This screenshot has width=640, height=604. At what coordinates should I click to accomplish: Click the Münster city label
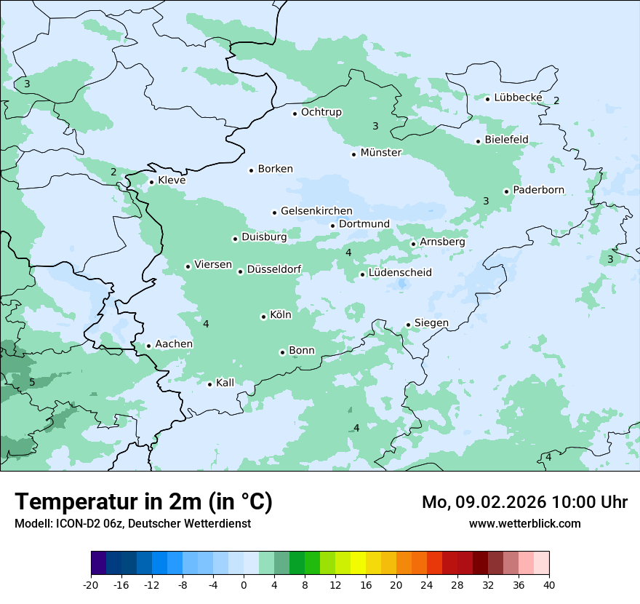click(381, 153)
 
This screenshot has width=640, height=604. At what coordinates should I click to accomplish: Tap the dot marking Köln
click(263, 317)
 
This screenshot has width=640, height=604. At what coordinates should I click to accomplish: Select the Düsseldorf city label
click(274, 270)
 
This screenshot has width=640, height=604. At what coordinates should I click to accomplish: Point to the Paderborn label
click(538, 191)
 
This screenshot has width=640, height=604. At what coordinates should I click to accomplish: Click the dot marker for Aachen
click(148, 346)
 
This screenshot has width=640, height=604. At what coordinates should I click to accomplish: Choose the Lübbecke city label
click(518, 98)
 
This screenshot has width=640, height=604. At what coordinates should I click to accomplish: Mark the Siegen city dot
click(409, 325)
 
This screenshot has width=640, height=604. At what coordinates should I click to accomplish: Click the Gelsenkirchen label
click(316, 211)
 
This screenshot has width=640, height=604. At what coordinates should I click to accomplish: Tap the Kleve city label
click(172, 180)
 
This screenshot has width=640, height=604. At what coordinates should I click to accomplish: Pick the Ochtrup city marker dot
click(295, 114)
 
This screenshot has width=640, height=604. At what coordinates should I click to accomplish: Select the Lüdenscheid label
click(400, 273)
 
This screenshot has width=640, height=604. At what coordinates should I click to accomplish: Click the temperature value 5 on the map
click(32, 382)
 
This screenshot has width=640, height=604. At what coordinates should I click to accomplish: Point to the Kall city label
click(225, 383)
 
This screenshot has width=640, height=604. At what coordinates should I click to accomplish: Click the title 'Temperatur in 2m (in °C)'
click(143, 502)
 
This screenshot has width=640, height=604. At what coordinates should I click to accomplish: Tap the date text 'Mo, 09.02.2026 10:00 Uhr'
click(524, 502)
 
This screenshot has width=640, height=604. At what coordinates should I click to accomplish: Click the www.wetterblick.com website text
click(524, 524)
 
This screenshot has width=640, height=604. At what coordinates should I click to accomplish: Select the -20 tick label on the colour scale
click(91, 585)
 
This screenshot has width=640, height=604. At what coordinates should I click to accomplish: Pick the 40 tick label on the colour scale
click(549, 585)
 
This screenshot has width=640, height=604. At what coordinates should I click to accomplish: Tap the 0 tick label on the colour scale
click(244, 585)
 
